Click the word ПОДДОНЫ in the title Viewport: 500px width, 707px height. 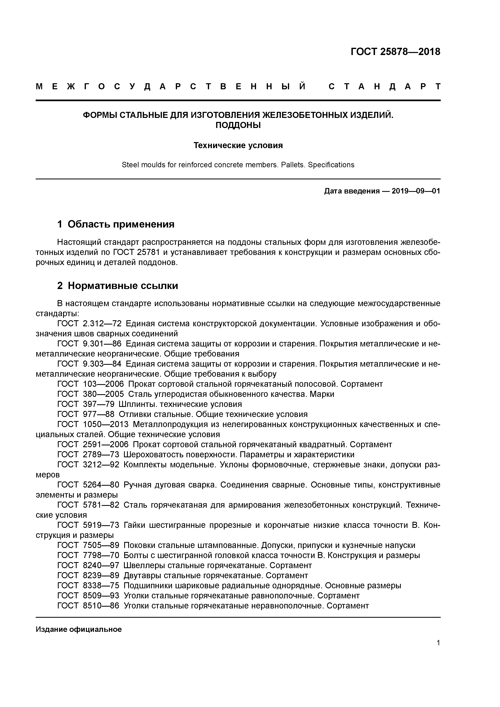click(238, 125)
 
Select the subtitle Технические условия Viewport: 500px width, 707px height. click(238, 145)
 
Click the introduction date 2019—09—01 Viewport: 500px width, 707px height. click(416, 191)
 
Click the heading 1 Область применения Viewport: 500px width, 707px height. click(116, 224)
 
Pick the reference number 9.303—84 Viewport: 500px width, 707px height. click(102, 364)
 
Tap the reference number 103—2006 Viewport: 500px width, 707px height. click(103, 384)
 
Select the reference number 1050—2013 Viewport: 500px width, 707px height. click(106, 424)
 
